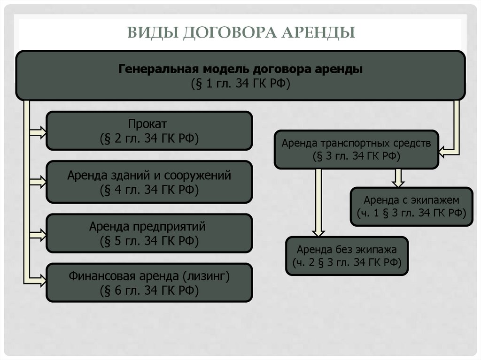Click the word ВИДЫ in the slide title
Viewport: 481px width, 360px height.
151,33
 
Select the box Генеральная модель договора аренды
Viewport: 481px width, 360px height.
240,76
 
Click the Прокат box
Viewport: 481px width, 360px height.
149,130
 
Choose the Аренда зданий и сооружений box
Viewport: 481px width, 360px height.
149,182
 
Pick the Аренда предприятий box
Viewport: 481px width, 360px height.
149,234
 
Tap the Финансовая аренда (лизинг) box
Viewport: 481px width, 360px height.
149,283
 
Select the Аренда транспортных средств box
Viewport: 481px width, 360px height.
356,149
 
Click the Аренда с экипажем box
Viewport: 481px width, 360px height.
411,206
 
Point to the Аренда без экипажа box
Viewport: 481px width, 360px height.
347,255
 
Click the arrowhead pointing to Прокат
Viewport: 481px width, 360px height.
41,132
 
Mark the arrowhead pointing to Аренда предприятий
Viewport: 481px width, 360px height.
41,233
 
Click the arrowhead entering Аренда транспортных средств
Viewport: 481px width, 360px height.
443,151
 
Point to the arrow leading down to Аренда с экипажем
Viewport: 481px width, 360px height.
398,178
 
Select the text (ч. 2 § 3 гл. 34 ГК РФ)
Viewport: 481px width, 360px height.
347,262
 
